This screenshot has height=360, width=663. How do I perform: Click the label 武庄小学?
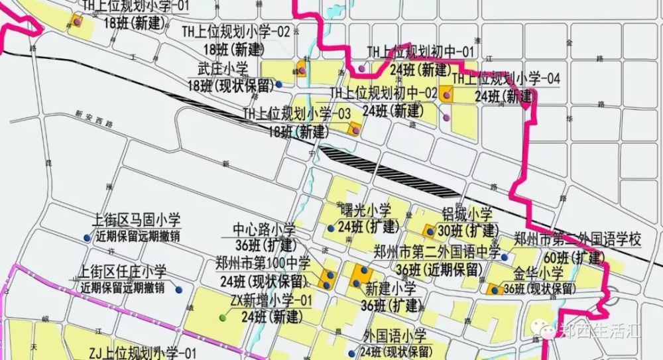(x=222, y=68)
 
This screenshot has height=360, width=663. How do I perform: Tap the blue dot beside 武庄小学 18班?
(x=279, y=84)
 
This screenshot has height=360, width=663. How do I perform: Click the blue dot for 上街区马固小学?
(x=86, y=238)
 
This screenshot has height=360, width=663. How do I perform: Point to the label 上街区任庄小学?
(x=123, y=272)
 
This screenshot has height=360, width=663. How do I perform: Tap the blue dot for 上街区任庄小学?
(x=178, y=290)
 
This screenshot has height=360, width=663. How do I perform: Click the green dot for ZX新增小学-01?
(x=223, y=318)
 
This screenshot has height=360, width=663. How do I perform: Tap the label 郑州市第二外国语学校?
(x=579, y=239)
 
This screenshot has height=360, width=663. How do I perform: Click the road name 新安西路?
(x=95, y=114)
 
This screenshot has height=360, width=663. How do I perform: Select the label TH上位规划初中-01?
(x=421, y=52)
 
